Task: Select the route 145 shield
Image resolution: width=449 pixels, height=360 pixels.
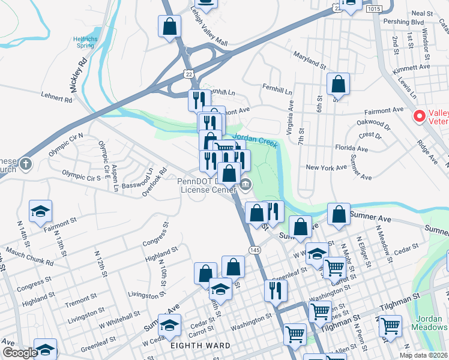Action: click(x=255, y=249)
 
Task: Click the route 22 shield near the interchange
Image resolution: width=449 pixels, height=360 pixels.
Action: click(x=190, y=73)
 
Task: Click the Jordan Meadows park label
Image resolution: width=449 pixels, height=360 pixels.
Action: click(x=429, y=322)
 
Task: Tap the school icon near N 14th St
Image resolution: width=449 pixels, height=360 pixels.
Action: click(x=41, y=211)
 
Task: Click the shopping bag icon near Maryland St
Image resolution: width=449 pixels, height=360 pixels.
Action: click(x=339, y=84)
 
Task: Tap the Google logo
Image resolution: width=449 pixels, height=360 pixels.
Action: click(x=20, y=353)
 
